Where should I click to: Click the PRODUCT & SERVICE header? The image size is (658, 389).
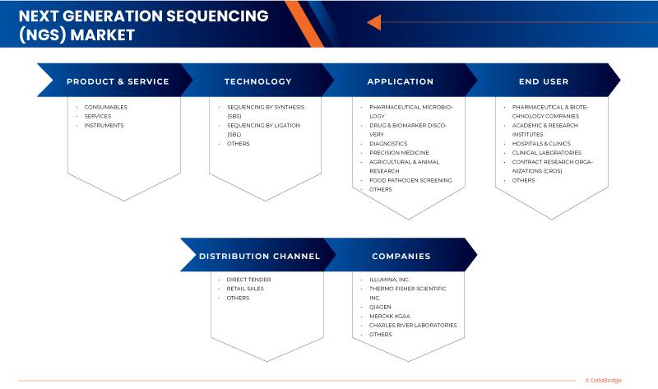(x=118, y=81)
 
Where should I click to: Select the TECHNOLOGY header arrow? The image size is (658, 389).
(x=257, y=81)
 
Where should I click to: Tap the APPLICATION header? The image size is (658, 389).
(x=400, y=81)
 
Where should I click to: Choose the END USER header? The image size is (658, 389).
(x=543, y=81)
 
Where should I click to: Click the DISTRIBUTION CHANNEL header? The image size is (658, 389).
(x=259, y=256)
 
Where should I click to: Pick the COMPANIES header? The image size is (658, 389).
(x=401, y=256)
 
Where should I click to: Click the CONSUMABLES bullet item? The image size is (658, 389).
(x=105, y=107)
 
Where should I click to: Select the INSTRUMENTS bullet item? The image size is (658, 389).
(x=104, y=125)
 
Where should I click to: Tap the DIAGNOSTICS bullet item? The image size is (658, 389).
(x=388, y=143)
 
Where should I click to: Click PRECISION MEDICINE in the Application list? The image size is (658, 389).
(x=399, y=152)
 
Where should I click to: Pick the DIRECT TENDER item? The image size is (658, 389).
(x=248, y=280)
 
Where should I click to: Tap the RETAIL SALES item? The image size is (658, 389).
(x=245, y=289)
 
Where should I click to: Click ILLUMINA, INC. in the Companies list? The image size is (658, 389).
(x=389, y=280)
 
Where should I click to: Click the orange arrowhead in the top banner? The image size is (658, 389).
(x=373, y=22)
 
